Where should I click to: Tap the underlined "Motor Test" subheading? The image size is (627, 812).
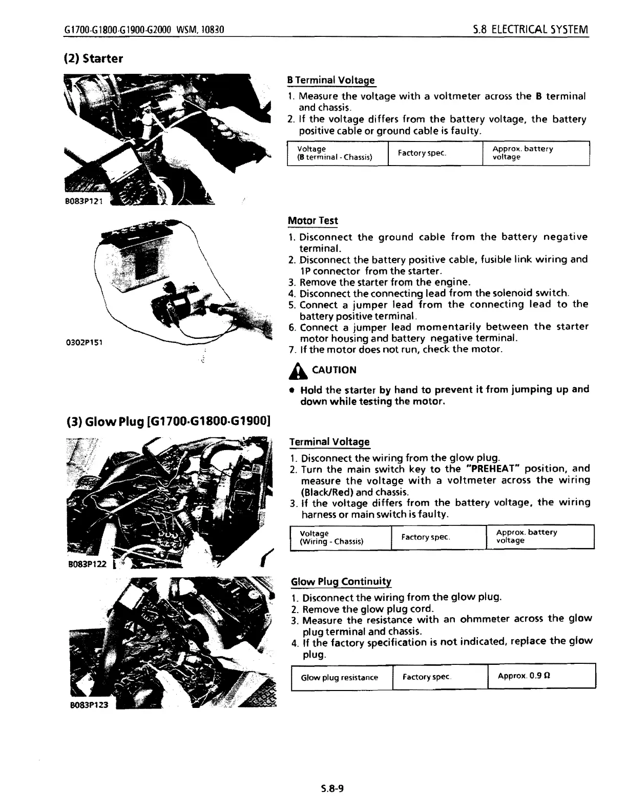(313, 221)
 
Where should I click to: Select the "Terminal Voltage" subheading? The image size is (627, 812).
(329, 442)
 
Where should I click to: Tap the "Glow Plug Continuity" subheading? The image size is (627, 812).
(341, 582)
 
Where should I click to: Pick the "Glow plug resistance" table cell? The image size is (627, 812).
(340, 678)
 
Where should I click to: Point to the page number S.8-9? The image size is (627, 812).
(332, 788)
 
